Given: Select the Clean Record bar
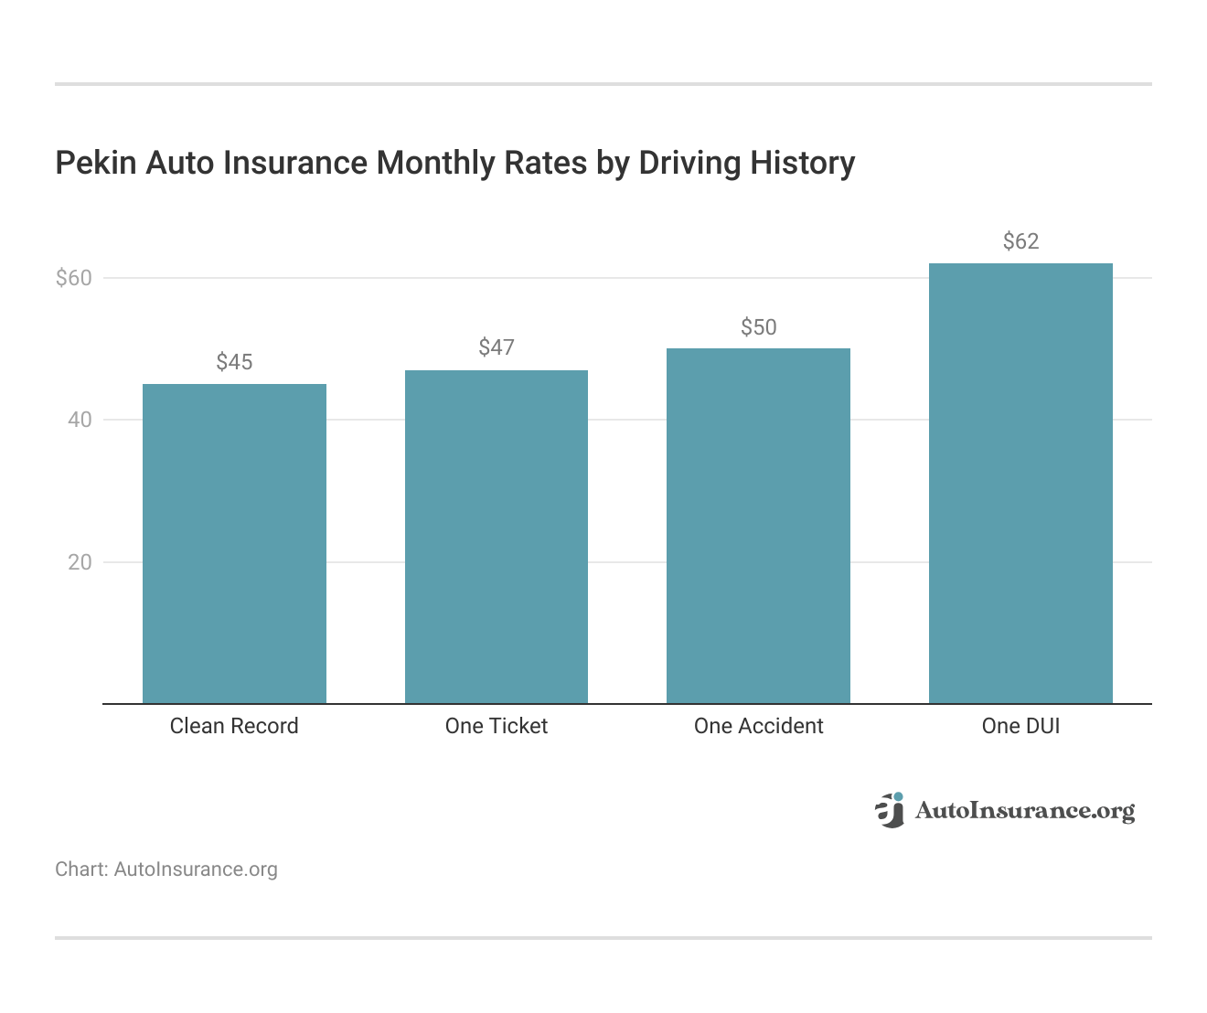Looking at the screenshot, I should pyautogui.click(x=234, y=544).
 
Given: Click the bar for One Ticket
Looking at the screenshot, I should pyautogui.click(x=497, y=537).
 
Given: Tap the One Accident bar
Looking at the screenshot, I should pyautogui.click(x=758, y=526).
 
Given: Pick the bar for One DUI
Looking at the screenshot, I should pyautogui.click(x=1020, y=484).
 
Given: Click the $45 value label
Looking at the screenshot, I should pyautogui.click(x=234, y=362).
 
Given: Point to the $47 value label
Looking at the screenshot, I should pyautogui.click(x=497, y=347).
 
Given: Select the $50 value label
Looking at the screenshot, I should pyautogui.click(x=758, y=327).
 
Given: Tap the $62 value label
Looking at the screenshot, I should pyautogui.click(x=1020, y=241).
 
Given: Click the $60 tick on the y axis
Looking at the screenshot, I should pyautogui.click(x=74, y=278).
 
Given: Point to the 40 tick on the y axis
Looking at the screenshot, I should pyautogui.click(x=80, y=420).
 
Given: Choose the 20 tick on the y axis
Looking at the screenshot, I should pyautogui.click(x=80, y=562).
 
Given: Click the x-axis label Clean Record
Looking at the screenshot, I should pyautogui.click(x=234, y=726).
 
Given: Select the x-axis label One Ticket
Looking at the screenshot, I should pyautogui.click(x=497, y=726).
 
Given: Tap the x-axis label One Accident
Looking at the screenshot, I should pyautogui.click(x=758, y=726).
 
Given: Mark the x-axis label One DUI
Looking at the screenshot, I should pyautogui.click(x=1020, y=726).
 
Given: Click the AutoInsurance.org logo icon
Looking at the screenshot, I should pyautogui.click(x=889, y=810).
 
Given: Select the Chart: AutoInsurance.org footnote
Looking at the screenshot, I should pyautogui.click(x=166, y=869).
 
